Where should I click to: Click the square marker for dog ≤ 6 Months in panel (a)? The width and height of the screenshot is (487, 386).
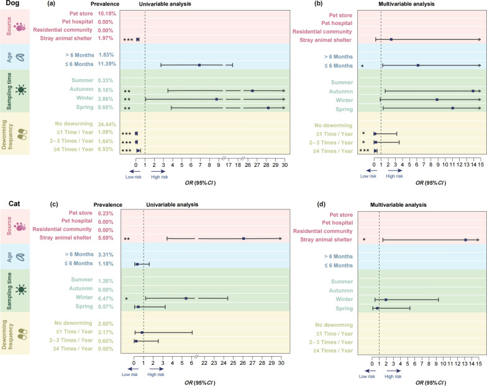(199, 65)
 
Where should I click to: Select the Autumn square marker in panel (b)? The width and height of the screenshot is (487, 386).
(473, 91)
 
